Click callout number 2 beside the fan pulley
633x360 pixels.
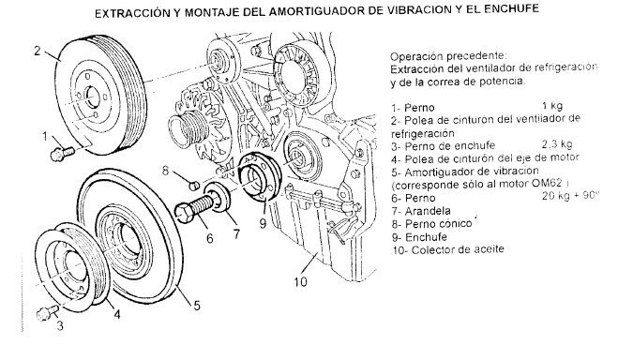click(x=38, y=52)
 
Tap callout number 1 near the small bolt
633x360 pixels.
click(x=45, y=137)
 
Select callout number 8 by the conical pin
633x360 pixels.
click(x=165, y=172)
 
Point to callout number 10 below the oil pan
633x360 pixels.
click(x=300, y=281)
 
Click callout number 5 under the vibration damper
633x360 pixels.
click(x=197, y=306)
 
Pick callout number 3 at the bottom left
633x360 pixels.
click(x=60, y=325)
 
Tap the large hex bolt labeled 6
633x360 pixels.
click(x=193, y=209)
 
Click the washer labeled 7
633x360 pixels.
click(x=218, y=197)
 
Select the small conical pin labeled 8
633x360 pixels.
click(x=194, y=186)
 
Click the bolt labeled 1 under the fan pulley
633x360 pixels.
click(x=63, y=154)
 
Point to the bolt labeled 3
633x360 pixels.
click(x=47, y=312)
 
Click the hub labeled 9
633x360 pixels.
click(x=258, y=176)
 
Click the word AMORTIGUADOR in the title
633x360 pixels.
click(x=316, y=11)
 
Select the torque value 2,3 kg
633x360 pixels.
click(x=557, y=144)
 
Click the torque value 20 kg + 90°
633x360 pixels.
click(x=569, y=196)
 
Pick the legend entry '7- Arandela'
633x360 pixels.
click(x=421, y=211)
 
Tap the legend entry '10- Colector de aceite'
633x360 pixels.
click(x=448, y=249)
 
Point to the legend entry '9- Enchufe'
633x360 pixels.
click(x=419, y=237)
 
